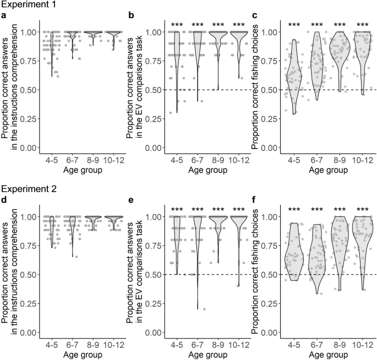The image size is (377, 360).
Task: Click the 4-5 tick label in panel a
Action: tap(52, 157)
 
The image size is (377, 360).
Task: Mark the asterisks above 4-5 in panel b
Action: tap(177, 25)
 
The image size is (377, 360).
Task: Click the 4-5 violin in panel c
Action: tap(294, 77)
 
